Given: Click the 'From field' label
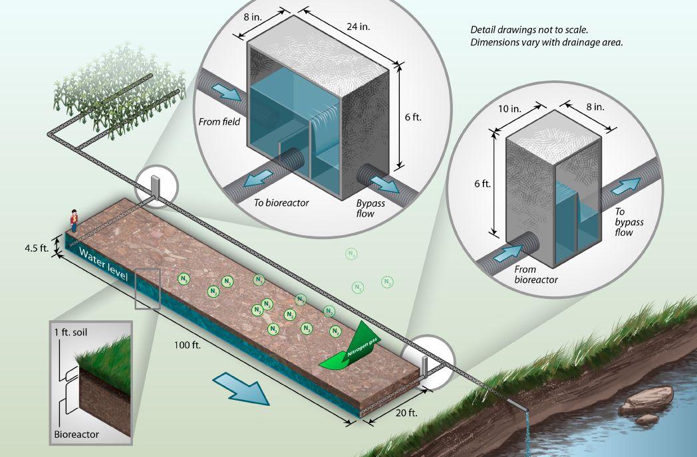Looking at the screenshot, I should pos(219,122).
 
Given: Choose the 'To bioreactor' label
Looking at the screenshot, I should pos(281,203).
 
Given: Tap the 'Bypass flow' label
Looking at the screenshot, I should pos(370,209).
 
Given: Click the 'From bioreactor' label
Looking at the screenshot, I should pos(535,274).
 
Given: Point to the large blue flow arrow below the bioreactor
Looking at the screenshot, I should pos(241,388).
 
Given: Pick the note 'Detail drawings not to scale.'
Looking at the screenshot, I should pos(529,30).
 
